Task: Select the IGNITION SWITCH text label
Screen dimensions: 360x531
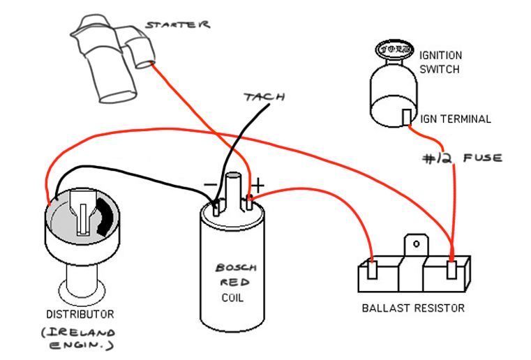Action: (x=440, y=61)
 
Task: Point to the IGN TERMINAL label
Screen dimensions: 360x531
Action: (x=456, y=119)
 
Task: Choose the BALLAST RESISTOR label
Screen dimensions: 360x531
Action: (x=412, y=308)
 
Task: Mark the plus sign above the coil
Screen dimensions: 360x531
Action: (x=258, y=186)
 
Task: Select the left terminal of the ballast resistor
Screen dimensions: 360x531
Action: (x=373, y=269)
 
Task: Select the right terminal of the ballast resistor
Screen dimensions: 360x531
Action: (x=453, y=269)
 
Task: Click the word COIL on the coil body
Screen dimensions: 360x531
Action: (x=232, y=297)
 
